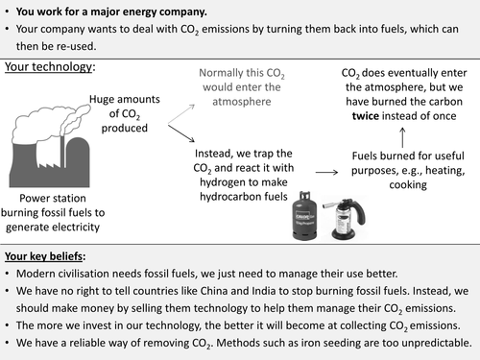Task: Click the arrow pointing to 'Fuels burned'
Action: pyautogui.click(x=326, y=171)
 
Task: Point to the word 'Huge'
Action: pyautogui.click(x=106, y=99)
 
